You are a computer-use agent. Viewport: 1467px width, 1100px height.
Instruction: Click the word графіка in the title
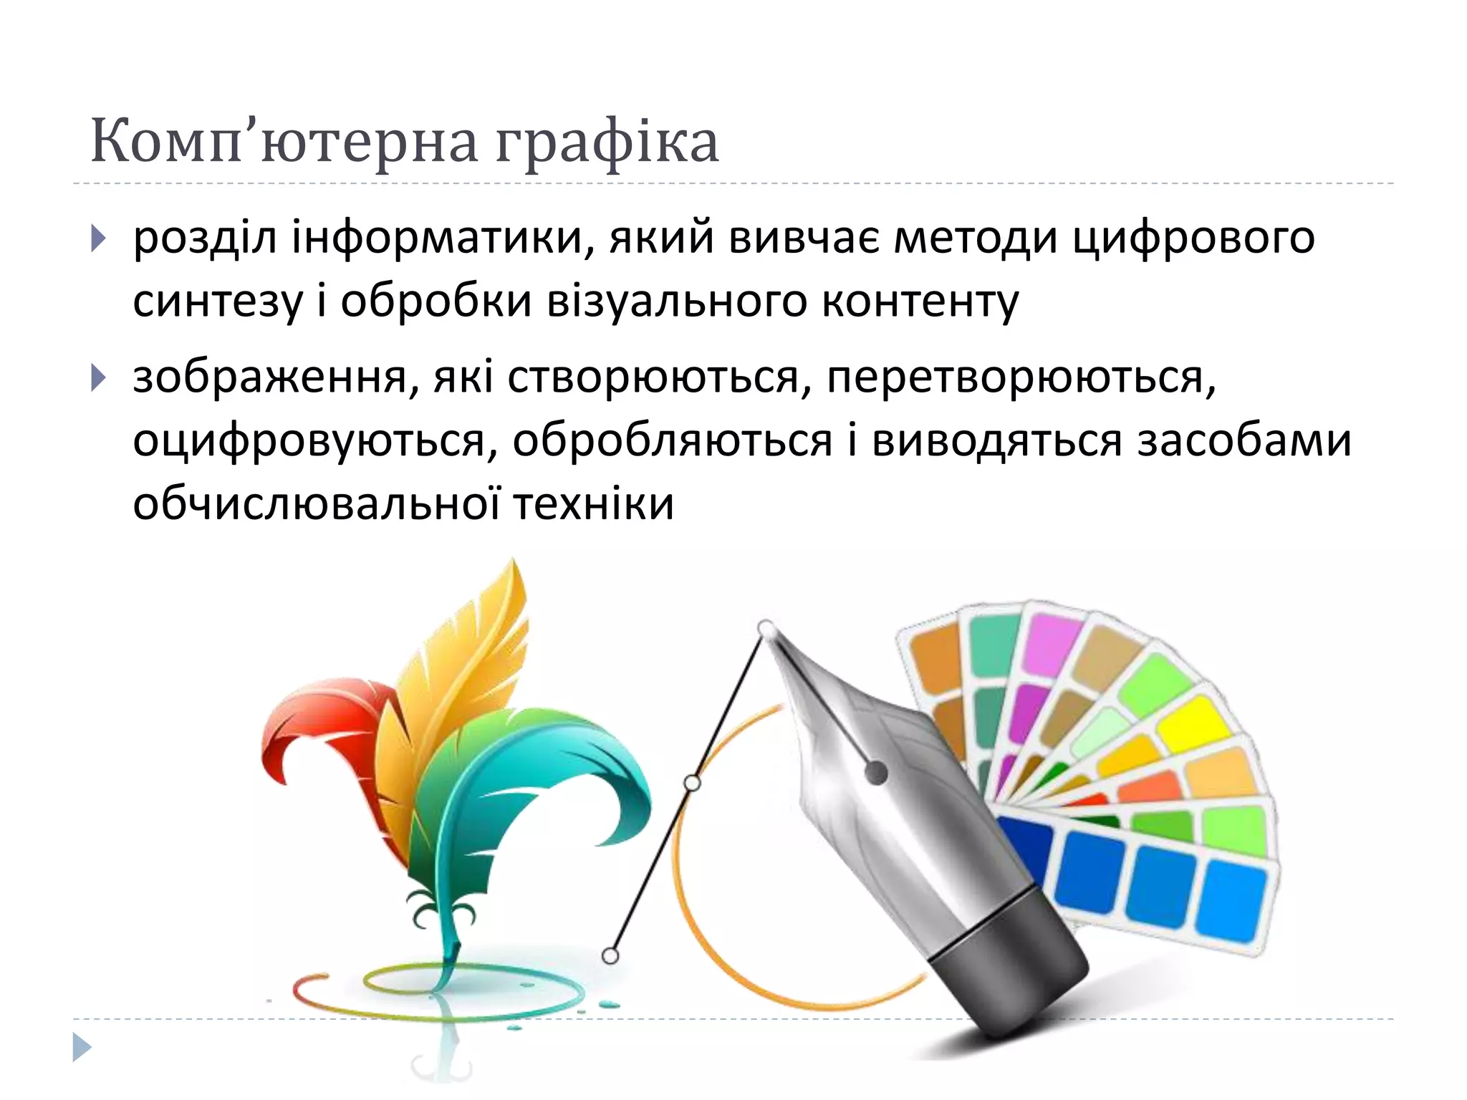pos(606,142)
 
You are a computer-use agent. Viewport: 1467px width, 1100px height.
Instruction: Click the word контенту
pos(920,302)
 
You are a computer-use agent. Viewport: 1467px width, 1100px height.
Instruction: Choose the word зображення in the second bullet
pos(269,378)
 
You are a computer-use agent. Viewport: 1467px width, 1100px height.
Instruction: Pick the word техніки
pos(594,503)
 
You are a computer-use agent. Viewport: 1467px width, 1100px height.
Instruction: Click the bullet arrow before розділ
pos(99,238)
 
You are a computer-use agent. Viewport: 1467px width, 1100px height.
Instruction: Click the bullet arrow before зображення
pos(99,378)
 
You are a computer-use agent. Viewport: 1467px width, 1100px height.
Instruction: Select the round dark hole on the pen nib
pos(876,773)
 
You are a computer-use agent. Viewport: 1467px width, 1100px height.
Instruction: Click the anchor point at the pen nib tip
pos(766,629)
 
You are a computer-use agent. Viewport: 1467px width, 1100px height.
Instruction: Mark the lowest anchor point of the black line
pos(610,955)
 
